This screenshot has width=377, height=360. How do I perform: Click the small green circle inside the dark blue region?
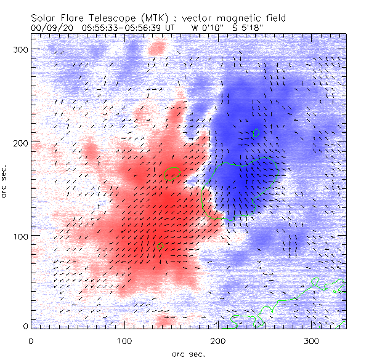[257, 132]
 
